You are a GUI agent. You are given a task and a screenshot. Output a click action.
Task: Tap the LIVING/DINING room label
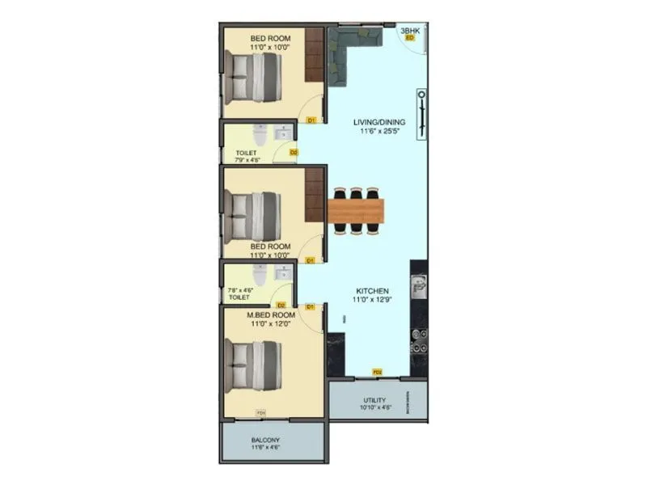coord(379,123)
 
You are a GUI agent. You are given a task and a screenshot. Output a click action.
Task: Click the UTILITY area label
coord(374,400)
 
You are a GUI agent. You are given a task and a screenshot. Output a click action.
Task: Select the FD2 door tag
coord(377,372)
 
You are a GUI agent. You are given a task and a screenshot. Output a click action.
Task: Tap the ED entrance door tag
coord(409,38)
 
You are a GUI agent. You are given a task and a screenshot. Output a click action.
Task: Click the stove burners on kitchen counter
coord(418,339)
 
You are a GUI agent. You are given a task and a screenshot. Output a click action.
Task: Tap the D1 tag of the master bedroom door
coord(311,307)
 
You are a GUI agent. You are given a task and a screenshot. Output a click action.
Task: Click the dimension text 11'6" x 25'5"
coord(379,132)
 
